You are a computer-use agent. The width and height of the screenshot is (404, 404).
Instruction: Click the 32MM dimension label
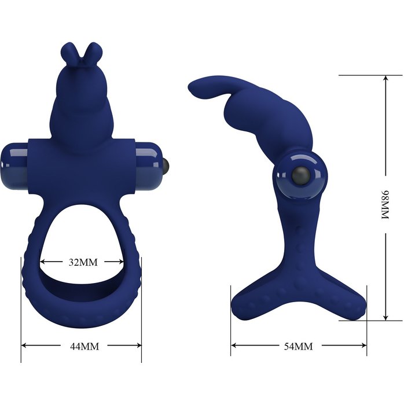[83, 262]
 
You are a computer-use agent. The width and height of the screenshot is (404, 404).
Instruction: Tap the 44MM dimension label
[85, 347]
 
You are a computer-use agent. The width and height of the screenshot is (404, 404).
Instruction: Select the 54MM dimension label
[298, 346]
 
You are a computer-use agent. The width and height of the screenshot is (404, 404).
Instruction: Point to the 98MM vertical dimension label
[385, 205]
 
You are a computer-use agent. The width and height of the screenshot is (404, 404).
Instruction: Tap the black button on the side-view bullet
[300, 176]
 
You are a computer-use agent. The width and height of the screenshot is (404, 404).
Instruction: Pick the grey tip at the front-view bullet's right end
[167, 166]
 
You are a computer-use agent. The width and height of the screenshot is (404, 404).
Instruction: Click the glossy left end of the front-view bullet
[14, 166]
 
